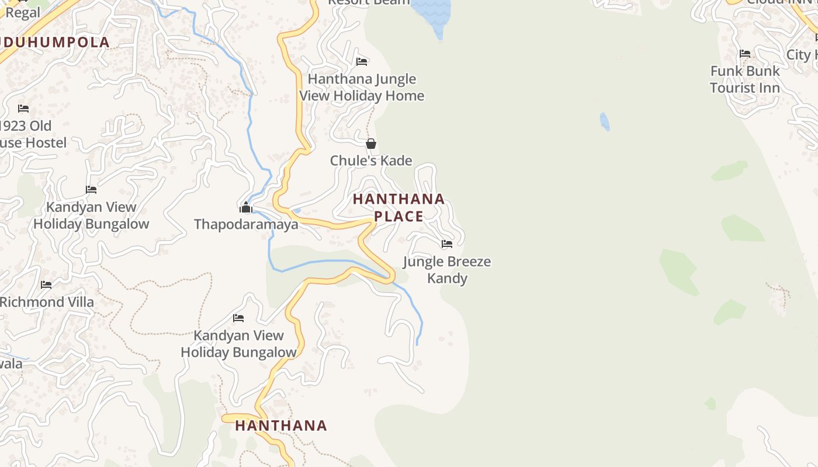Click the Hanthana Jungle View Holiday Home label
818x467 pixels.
362,87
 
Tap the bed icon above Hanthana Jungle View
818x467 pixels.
362,61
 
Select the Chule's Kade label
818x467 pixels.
371,161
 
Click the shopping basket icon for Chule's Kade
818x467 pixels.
371,144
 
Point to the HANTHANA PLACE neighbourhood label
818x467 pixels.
398,207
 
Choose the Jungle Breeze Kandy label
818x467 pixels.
447,270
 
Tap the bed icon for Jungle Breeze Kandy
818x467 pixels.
447,244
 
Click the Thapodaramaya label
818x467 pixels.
246,224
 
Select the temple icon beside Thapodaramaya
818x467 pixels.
246,207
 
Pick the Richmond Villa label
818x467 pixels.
47,302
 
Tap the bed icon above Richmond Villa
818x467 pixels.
46,285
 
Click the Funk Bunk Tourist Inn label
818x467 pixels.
745,79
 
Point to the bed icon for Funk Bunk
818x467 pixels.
745,54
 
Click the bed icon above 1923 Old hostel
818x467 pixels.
23,109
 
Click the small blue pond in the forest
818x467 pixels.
605,122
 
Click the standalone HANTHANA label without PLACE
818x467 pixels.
281,426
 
